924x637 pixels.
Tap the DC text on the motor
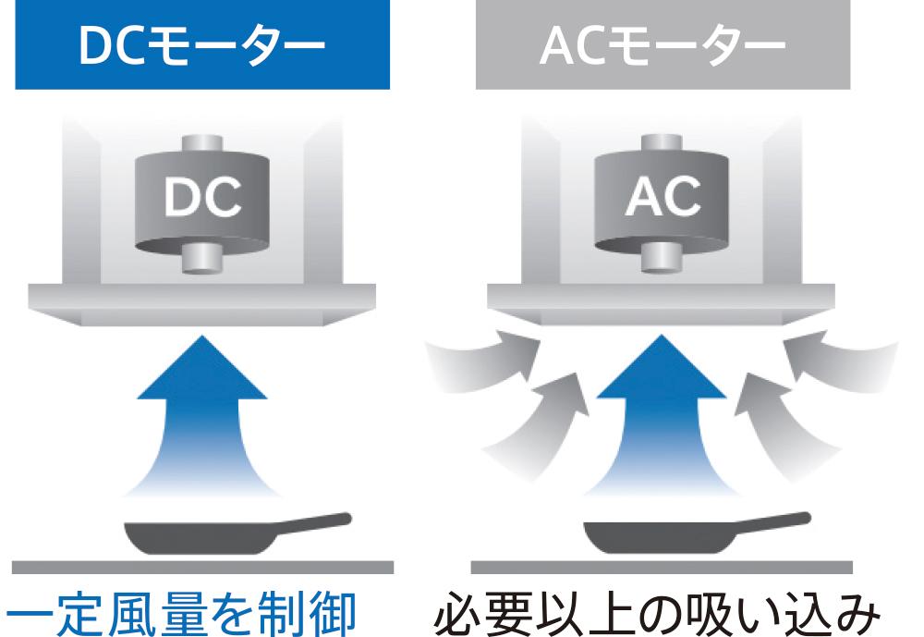coord(201,197)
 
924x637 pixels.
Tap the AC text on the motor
coord(663,196)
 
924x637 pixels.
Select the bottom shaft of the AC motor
coord(663,258)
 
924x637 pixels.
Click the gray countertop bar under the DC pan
coord(202,567)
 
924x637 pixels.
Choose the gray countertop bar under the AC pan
coord(662,567)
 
